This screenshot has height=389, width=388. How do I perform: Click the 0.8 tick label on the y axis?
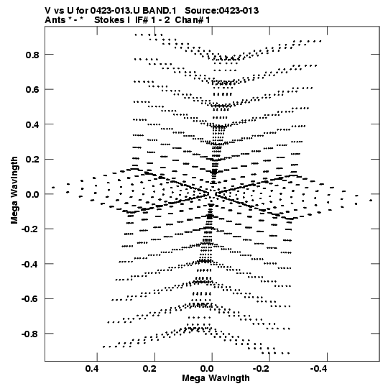32,55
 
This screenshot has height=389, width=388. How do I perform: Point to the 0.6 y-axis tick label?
32,90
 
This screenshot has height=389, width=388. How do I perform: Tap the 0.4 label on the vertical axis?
32,124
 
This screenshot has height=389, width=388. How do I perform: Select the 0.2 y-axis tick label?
32,160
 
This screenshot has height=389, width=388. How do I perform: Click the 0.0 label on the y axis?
32,194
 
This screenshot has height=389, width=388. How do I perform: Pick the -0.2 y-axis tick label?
30,229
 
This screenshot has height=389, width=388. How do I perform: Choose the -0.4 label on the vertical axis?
30,264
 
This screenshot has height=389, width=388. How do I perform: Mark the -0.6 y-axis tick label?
30,299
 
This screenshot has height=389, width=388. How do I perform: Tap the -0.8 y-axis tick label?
30,334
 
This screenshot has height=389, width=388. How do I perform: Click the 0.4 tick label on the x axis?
92,369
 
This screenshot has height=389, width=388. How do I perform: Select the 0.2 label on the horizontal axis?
149,369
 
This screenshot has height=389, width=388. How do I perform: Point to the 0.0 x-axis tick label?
207,369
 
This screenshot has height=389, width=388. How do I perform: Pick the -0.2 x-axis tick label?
262,369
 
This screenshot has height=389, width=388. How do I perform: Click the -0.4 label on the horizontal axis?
320,369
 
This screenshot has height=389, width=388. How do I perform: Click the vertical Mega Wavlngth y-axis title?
14,191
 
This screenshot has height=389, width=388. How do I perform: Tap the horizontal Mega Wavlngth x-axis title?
216,378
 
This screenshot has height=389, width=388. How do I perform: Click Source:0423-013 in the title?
222,11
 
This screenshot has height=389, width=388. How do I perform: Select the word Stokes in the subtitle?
109,20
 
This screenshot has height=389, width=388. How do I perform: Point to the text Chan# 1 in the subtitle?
193,20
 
